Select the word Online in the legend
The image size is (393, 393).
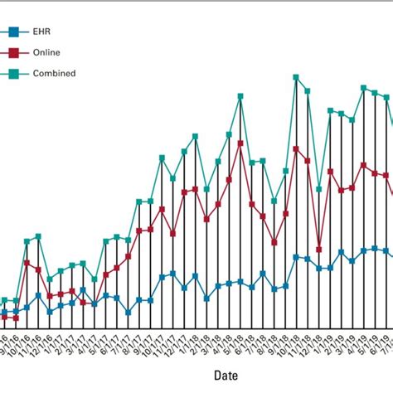click(x=46, y=53)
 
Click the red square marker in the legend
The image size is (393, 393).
click(x=13, y=53)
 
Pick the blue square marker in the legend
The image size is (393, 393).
click(x=13, y=33)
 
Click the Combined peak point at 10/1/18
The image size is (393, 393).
click(x=296, y=77)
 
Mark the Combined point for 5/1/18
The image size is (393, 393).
click(x=240, y=96)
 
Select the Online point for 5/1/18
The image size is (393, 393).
click(x=240, y=143)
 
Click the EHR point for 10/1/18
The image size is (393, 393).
click(x=296, y=257)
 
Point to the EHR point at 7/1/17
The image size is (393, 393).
click(x=128, y=313)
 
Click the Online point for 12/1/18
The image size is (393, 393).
click(x=318, y=249)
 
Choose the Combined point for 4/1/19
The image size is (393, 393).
click(x=363, y=87)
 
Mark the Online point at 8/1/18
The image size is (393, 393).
click(x=274, y=243)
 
